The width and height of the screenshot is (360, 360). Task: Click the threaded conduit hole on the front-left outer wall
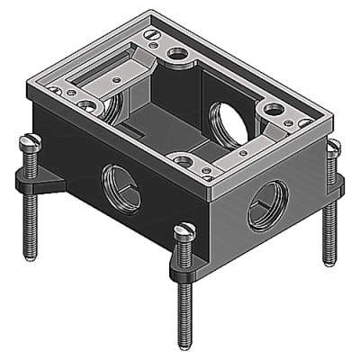click(x=121, y=188)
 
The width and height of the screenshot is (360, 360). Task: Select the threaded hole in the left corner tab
click(x=86, y=106)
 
